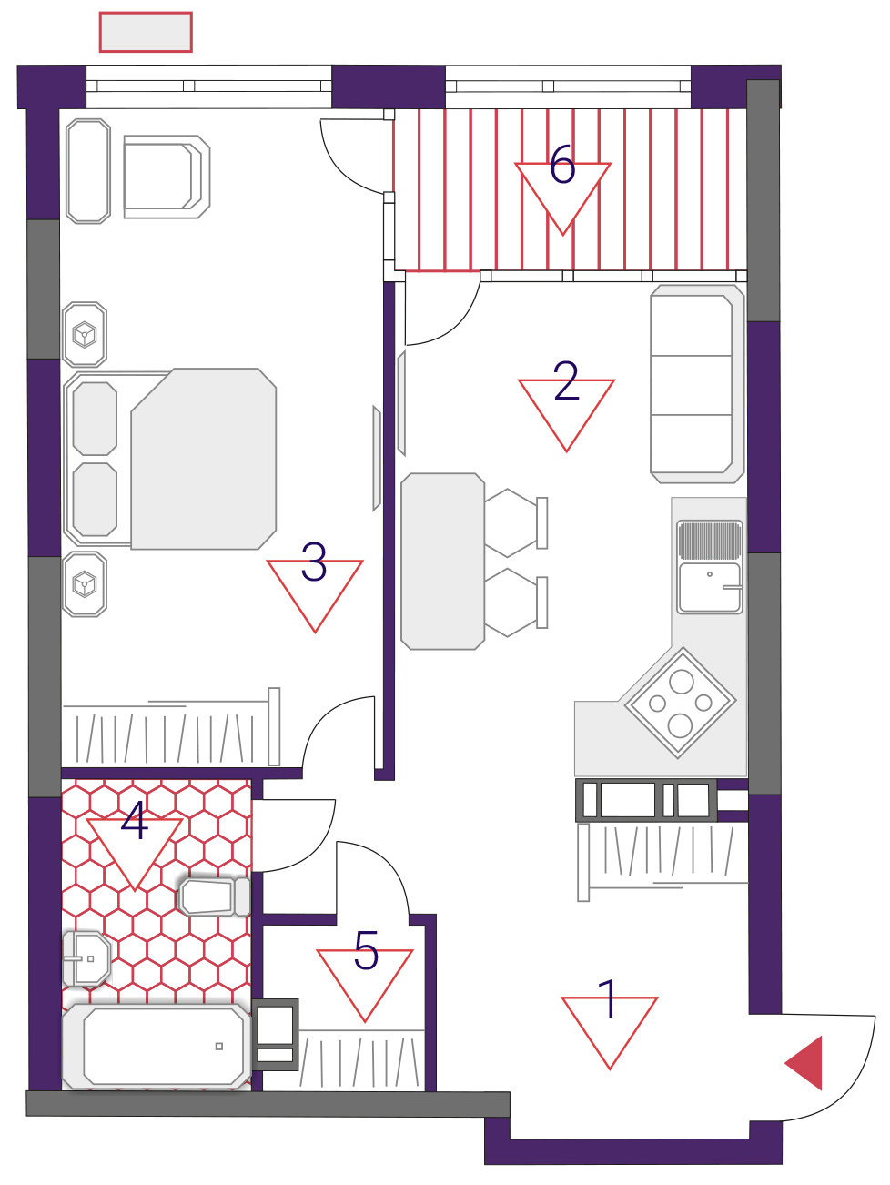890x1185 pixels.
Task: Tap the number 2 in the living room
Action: click(x=566, y=380)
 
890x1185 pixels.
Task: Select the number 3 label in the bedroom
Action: click(x=314, y=562)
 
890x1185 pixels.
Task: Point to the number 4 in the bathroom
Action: click(x=135, y=820)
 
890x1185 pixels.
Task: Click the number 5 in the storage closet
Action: click(x=366, y=950)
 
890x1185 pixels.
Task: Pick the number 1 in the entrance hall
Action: click(x=608, y=998)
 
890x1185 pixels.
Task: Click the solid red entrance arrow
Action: click(x=804, y=1062)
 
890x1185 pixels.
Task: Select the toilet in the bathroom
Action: click(x=214, y=896)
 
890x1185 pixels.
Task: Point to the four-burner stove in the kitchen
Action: click(x=680, y=703)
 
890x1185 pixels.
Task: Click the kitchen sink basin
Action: click(x=709, y=588)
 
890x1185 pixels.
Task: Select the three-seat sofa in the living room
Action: click(x=697, y=384)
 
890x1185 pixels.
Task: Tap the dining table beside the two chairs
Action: click(x=442, y=562)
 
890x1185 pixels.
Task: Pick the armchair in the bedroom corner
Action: click(x=167, y=177)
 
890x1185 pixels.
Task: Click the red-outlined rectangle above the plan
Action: click(x=146, y=33)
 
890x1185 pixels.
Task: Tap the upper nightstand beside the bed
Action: click(x=85, y=335)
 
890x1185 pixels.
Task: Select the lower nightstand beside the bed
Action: click(x=85, y=584)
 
